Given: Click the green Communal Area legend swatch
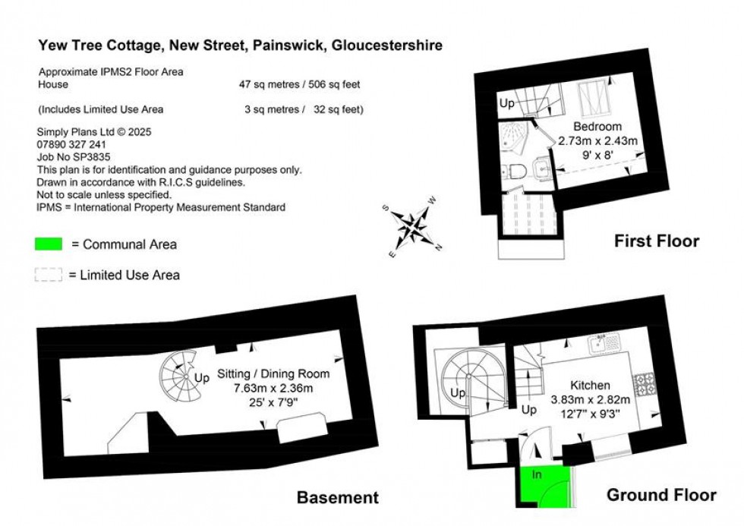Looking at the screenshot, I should point(49,244).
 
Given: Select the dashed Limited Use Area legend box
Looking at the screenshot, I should point(49,275).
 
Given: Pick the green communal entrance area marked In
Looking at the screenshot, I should point(544,486).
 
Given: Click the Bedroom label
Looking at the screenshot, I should point(597,127).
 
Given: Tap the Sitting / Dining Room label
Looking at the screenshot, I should point(273,374).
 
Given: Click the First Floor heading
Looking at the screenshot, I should point(656,241).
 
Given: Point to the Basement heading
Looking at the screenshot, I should point(337,498).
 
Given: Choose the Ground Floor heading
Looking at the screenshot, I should point(660,495).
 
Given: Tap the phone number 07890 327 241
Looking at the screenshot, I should point(71,144).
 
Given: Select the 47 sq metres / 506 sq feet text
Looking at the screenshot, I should point(301,85).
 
